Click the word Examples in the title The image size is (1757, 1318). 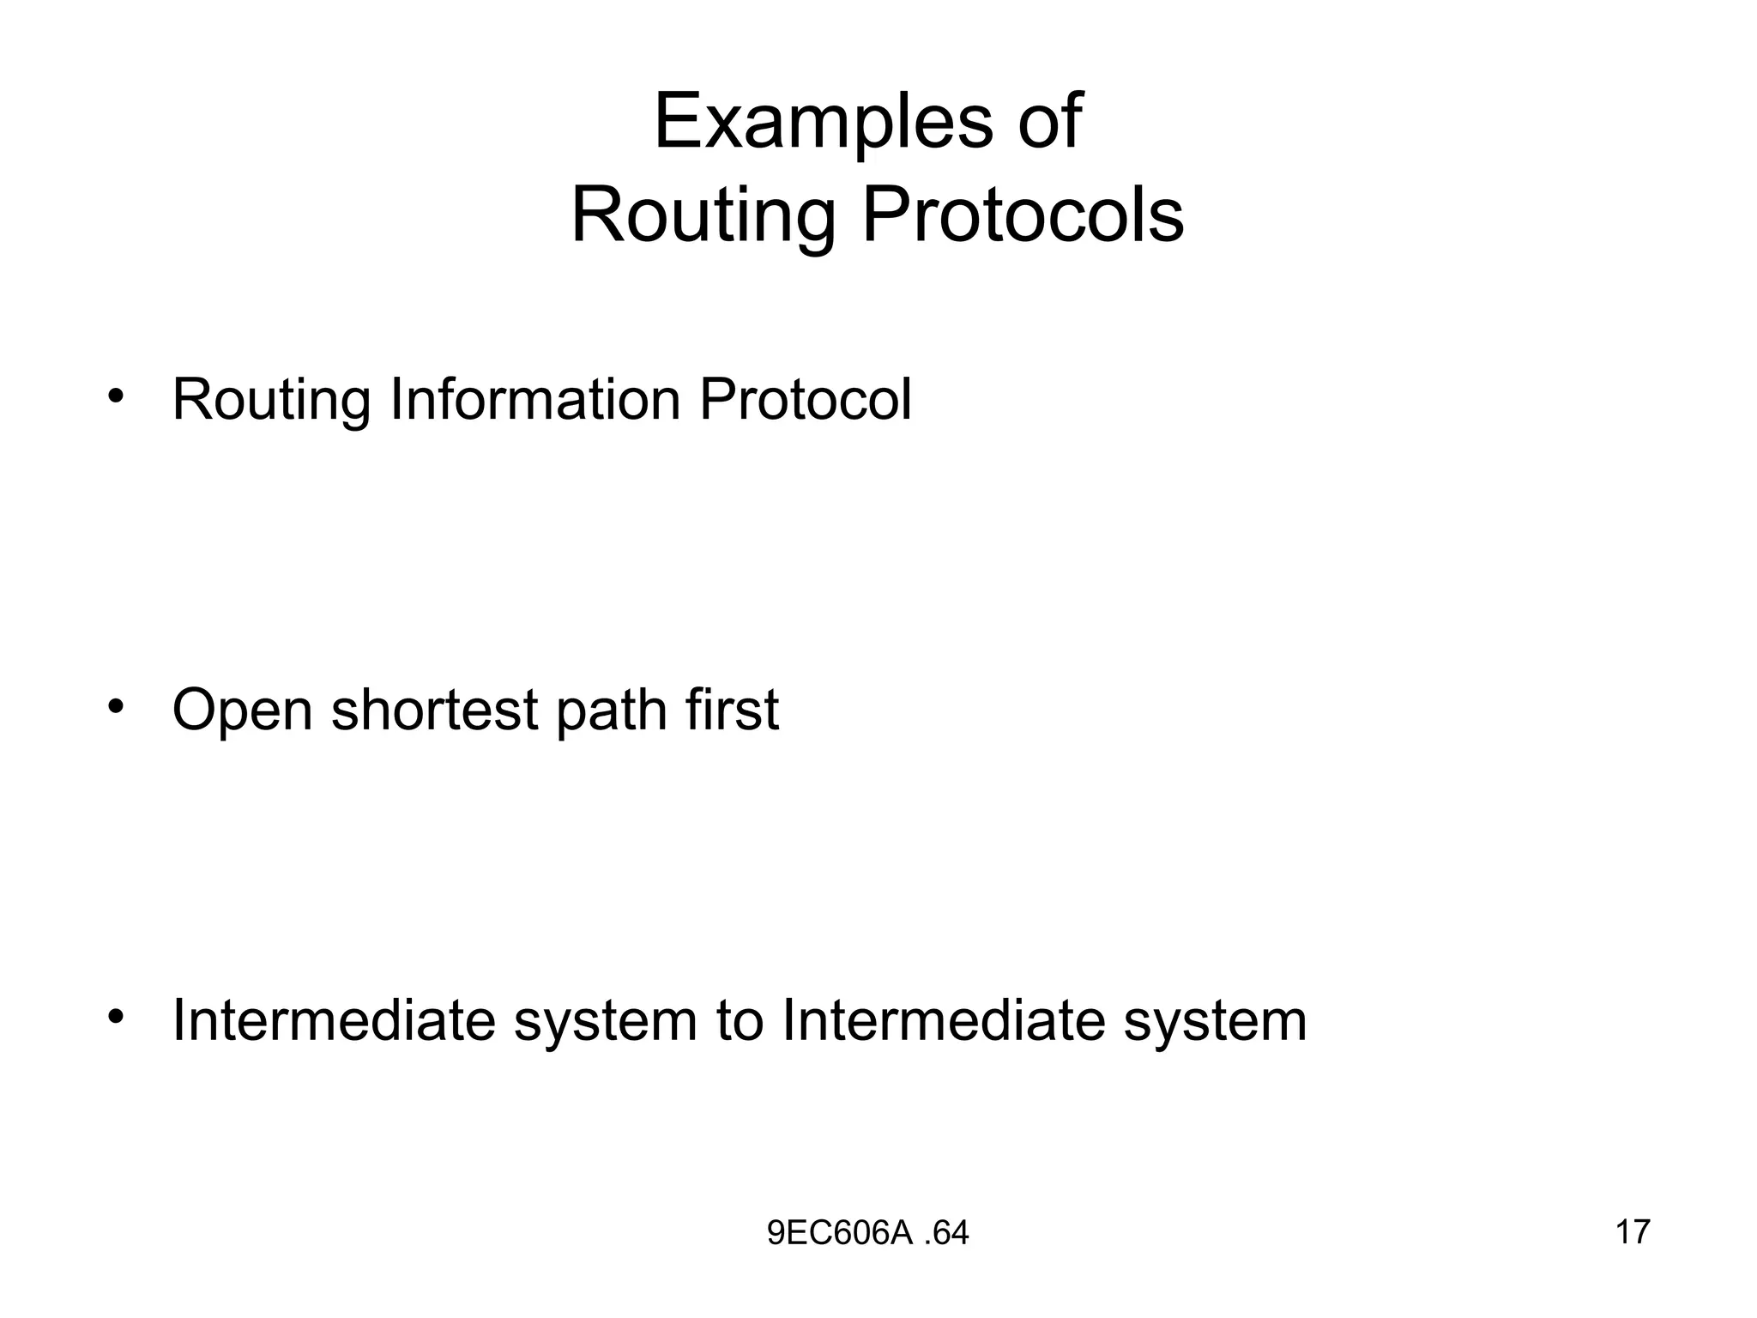pyautogui.click(x=823, y=123)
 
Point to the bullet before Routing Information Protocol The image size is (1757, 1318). pyautogui.click(x=116, y=397)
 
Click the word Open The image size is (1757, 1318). pyautogui.click(x=243, y=711)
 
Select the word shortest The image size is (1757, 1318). pyautogui.click(x=435, y=710)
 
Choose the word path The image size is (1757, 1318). pyautogui.click(x=612, y=711)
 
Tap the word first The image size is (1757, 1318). pyautogui.click(x=733, y=710)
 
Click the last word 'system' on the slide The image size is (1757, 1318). pyautogui.click(x=1215, y=1022)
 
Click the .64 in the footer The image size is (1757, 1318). pyautogui.click(x=947, y=1233)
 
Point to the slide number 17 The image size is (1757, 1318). pyautogui.click(x=1633, y=1231)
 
